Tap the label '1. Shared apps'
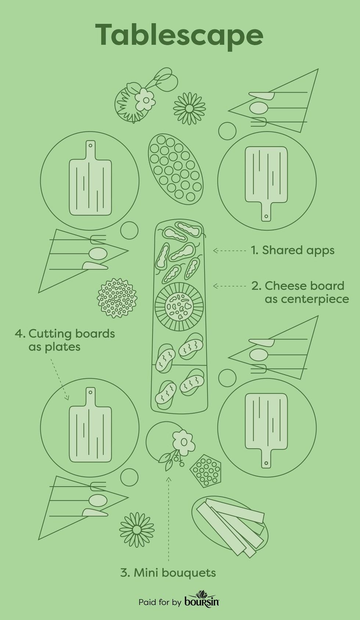(293, 250)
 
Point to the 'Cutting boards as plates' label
(65, 340)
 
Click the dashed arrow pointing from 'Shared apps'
(230, 250)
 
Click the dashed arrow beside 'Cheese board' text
(230, 286)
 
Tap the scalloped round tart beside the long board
(117, 298)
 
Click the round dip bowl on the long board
(179, 307)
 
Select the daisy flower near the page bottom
(137, 530)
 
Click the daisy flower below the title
(190, 108)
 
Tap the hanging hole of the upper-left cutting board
(90, 145)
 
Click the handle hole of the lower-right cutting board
(266, 462)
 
